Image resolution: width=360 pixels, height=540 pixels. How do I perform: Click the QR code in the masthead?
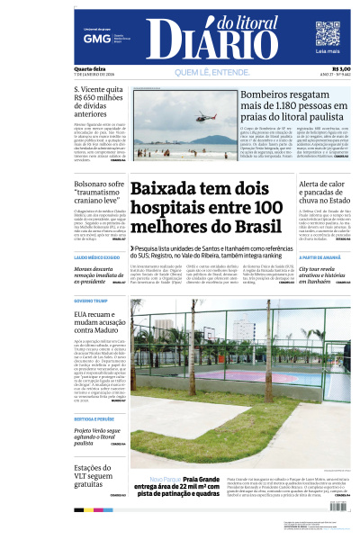point(328,34)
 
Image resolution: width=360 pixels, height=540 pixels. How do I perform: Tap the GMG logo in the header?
point(91,39)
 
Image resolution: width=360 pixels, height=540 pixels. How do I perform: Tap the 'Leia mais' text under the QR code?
point(328,53)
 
